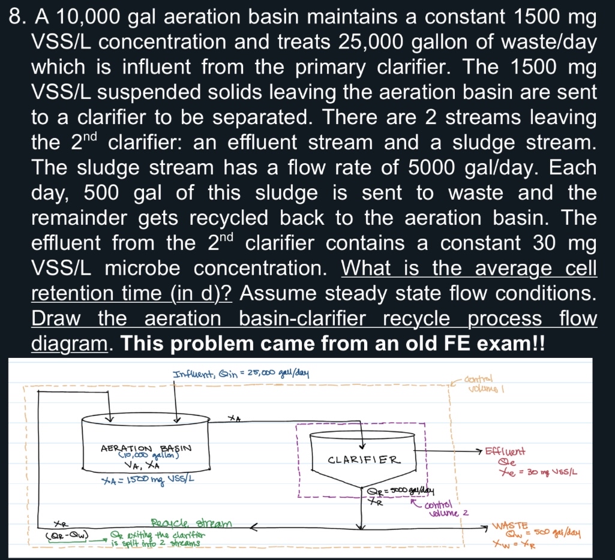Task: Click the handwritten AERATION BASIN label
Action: (x=146, y=448)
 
